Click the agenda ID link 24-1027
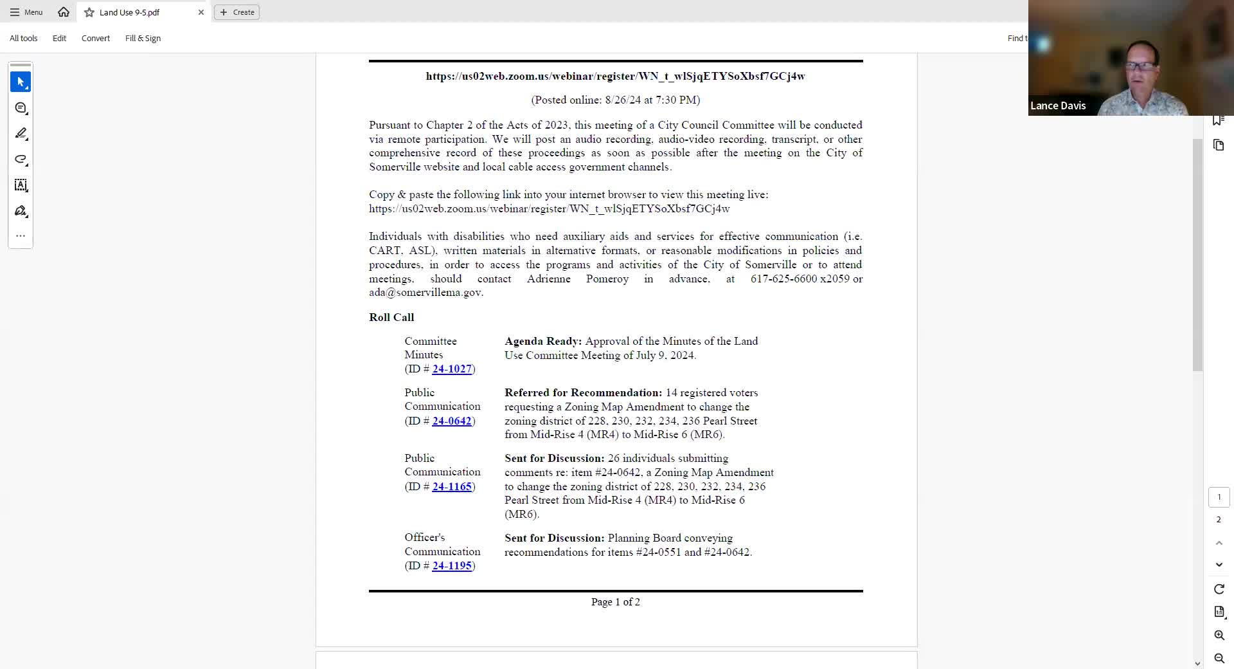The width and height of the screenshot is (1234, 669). coord(452,369)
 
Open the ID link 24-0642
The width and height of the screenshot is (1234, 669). coord(452,421)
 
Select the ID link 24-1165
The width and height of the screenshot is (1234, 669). coord(452,486)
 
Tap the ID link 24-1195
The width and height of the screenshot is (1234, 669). coord(452,565)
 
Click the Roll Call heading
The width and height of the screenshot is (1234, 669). coord(391,317)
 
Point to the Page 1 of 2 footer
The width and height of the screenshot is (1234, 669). coord(615,601)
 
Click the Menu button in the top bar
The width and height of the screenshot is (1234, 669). coord(26,12)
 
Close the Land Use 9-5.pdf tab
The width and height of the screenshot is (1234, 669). coord(201,12)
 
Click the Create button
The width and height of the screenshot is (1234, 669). coord(237,12)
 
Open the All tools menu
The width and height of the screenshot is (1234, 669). coord(24,38)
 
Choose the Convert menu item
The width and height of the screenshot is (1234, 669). coord(96,38)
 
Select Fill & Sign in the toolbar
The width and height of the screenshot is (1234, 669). coord(143,38)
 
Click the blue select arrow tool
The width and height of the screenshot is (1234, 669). coord(21,82)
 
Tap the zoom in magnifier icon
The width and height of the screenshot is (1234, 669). coord(1219,635)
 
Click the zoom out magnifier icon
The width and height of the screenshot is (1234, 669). coord(1219,658)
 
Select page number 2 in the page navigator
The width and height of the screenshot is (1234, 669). coord(1219,520)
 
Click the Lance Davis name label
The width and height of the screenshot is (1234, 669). coord(1058,105)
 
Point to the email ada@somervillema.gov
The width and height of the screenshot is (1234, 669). coord(425,292)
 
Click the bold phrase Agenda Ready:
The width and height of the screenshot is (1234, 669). coord(543,341)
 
